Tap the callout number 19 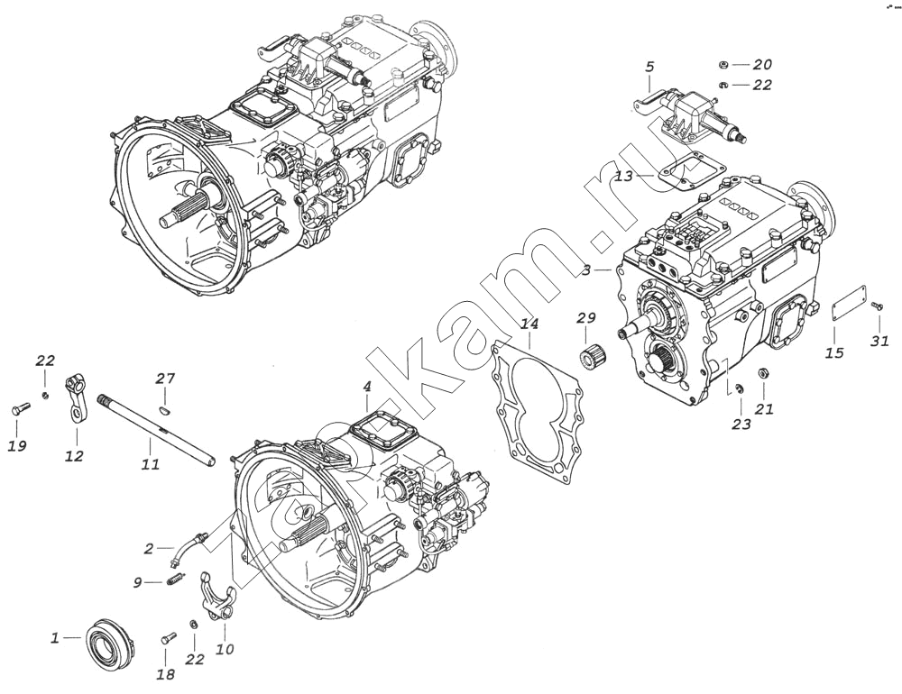pos(17,446)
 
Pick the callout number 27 pos(165,379)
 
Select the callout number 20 pos(762,64)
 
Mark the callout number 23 pos(741,425)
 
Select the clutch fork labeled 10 pos(218,595)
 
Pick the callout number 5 pos(649,68)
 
